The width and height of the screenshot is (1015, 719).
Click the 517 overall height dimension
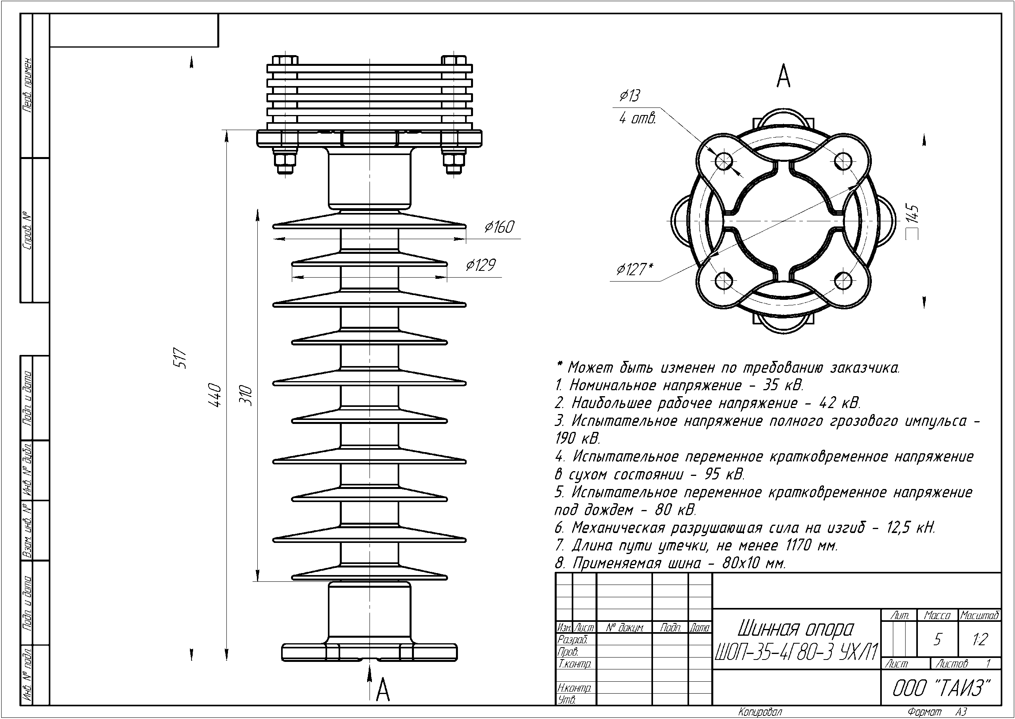coord(181,358)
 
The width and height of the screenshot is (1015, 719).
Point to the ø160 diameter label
coord(499,227)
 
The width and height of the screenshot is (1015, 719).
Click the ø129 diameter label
coord(481,265)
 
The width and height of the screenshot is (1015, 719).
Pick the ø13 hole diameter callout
coord(630,96)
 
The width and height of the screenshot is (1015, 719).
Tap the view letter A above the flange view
coord(783,76)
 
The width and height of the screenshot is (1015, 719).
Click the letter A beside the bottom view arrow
coord(383,690)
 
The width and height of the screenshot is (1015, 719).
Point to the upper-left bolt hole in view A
coord(724,160)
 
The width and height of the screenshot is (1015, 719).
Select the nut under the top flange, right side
coord(454,162)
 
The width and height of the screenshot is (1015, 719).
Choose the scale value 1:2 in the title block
coord(980,639)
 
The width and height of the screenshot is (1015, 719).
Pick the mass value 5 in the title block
coord(937,640)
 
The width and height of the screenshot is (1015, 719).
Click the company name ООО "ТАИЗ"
coord(940,688)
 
